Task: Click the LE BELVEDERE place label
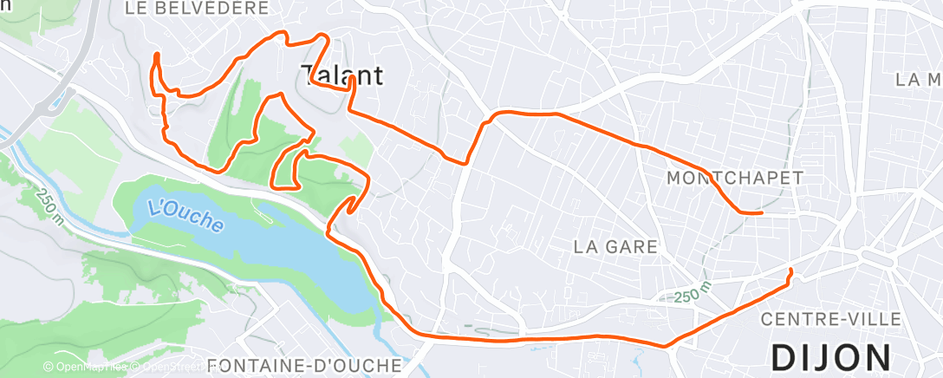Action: point(196,9)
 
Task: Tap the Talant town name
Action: point(342,75)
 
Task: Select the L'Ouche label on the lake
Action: point(185,214)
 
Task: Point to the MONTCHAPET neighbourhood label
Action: point(736,177)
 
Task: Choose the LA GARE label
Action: point(615,247)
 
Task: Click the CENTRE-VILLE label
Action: point(830,320)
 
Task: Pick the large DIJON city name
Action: point(830,357)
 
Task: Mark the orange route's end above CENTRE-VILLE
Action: point(790,272)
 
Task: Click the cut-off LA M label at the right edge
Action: point(919,80)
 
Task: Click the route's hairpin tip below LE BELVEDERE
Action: point(157,55)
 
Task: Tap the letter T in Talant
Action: point(309,75)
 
